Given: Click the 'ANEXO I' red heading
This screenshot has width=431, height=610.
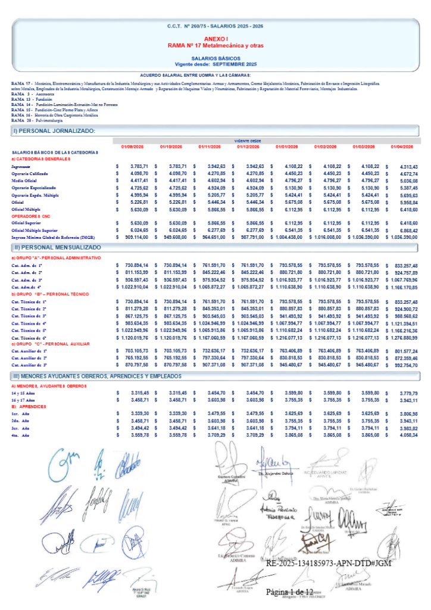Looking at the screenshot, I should pyautogui.click(x=215, y=39).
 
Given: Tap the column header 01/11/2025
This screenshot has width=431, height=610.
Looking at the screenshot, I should pyautogui.click(x=209, y=147).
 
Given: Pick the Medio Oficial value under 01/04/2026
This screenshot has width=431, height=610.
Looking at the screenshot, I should pyautogui.click(x=404, y=180).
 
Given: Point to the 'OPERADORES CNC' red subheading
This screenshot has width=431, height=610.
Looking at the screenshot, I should pyautogui.click(x=29, y=216).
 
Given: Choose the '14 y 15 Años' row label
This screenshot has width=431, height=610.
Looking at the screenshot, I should pyautogui.click(x=23, y=393).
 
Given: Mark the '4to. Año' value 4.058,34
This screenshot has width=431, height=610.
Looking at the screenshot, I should pyautogui.click(x=407, y=436).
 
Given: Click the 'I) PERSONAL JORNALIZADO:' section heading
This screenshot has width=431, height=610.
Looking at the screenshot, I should pyautogui.click(x=54, y=130).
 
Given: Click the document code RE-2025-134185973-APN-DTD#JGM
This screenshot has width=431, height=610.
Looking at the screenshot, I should pyautogui.click(x=329, y=564).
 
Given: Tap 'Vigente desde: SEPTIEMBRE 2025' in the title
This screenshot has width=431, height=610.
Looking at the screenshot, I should pyautogui.click(x=215, y=63).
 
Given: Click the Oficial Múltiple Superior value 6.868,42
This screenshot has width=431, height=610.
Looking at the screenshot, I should pyautogui.click(x=407, y=231).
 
